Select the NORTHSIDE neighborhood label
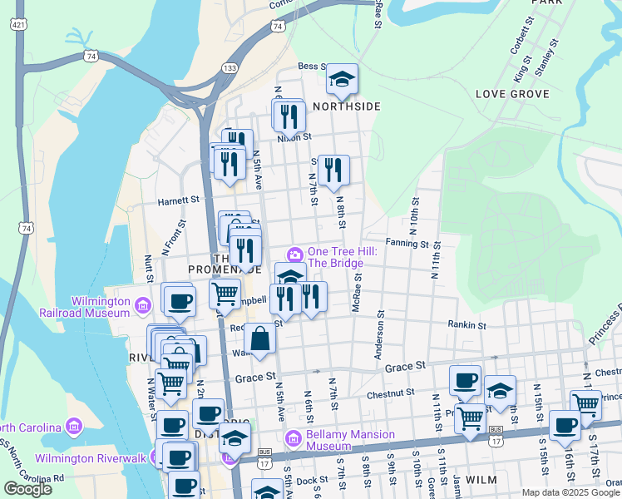(347, 106)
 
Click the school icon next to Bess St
(342, 79)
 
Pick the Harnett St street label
(179, 200)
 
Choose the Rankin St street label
(466, 324)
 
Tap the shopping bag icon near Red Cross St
(260, 338)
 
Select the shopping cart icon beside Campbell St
(225, 294)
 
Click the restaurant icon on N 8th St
(333, 170)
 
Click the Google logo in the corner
(28, 489)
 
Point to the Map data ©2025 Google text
(570, 492)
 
